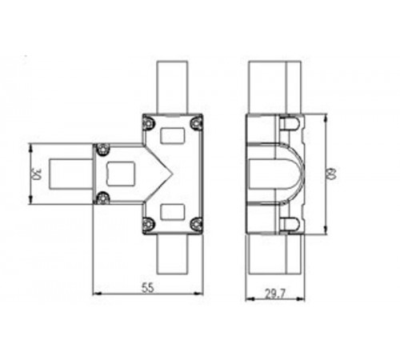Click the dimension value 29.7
coord(274,294)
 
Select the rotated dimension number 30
coord(35,174)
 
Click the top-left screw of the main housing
coord(148,122)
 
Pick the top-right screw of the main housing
coord(196,122)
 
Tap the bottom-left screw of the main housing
coord(148,223)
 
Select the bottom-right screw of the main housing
coord(196,223)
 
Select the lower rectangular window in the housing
coord(171,210)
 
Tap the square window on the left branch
coord(121,174)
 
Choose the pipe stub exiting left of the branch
coord(70,174)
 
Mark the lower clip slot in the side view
coord(290,223)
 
